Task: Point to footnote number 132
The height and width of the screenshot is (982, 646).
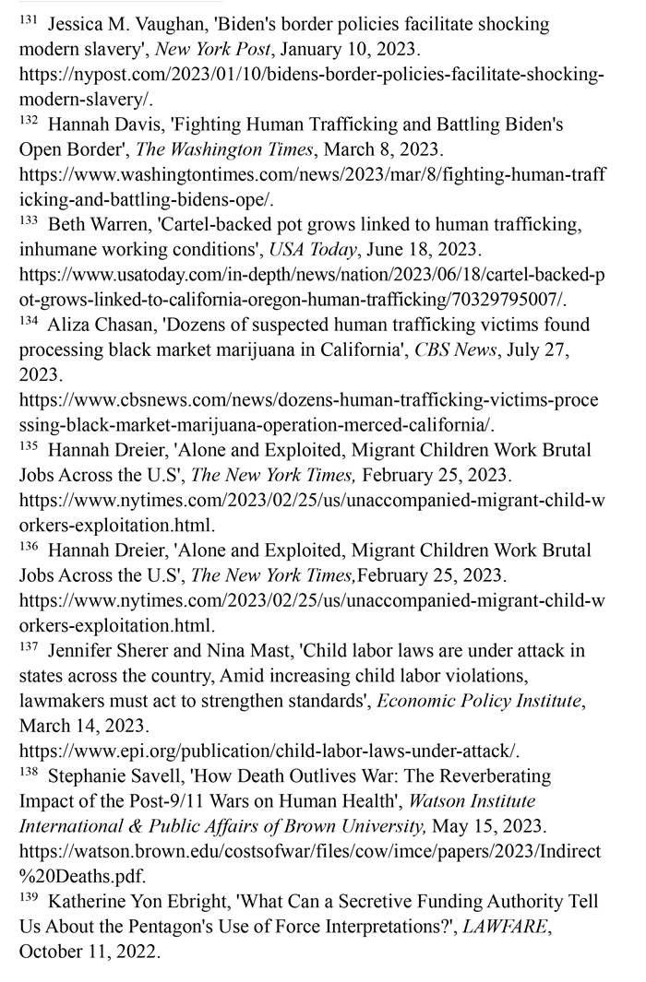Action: [29, 118]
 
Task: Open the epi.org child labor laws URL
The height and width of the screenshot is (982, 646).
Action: [269, 751]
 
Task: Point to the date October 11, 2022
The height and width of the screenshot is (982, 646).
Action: [90, 951]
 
